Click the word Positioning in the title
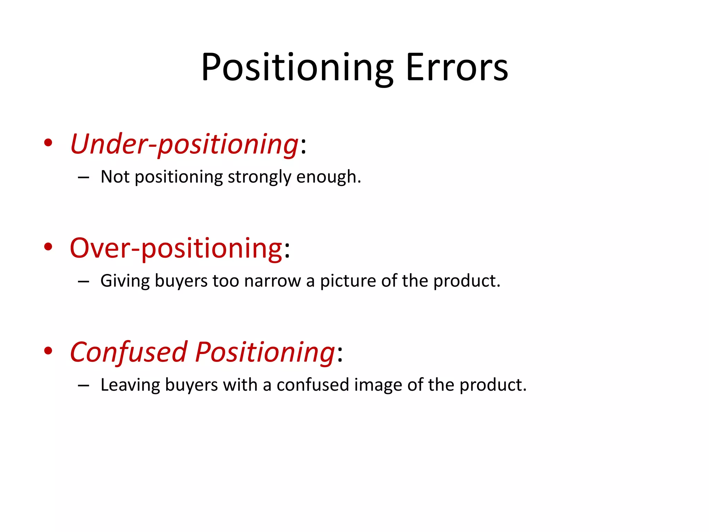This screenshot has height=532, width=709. click(297, 68)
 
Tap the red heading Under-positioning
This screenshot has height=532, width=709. click(184, 144)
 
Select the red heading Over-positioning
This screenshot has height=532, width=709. click(176, 248)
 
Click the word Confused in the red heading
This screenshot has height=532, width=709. click(128, 352)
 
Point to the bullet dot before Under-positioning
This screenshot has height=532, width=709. click(48, 143)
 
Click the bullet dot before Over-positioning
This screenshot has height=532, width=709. click(48, 247)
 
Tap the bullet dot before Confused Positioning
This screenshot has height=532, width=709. click(48, 351)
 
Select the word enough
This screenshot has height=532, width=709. click(328, 177)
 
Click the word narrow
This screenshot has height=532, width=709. click(272, 281)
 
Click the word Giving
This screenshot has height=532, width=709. click(125, 281)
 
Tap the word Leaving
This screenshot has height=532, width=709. click(130, 385)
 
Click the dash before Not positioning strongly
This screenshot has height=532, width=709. click(83, 178)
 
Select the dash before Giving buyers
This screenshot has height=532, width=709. click(83, 282)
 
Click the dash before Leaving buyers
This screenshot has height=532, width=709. click(83, 385)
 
